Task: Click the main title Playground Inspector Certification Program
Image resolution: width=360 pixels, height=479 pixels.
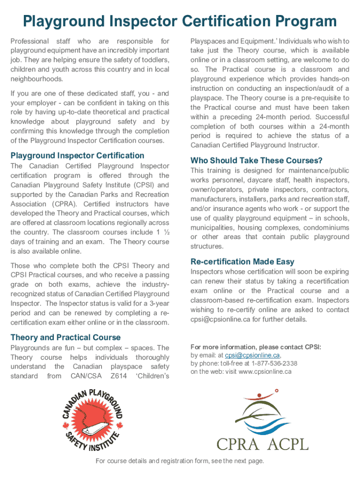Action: click(180, 21)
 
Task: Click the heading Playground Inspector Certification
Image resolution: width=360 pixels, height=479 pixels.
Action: click(77, 155)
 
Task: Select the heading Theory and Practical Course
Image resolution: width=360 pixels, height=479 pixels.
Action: click(65, 337)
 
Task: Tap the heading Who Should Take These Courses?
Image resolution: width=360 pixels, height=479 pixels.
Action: click(257, 160)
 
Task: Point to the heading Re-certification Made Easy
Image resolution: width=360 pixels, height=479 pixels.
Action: click(243, 261)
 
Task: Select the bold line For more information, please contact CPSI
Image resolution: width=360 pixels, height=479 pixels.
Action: click(256, 347)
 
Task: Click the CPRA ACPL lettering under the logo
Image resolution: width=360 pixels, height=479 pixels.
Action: click(262, 442)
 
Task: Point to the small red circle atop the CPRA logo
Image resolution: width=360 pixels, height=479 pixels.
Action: click(277, 390)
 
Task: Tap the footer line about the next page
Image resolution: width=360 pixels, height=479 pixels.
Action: click(180, 461)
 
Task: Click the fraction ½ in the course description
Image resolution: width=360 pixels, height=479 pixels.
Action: click(166, 232)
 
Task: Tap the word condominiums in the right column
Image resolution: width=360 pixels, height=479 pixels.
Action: click(326, 228)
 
